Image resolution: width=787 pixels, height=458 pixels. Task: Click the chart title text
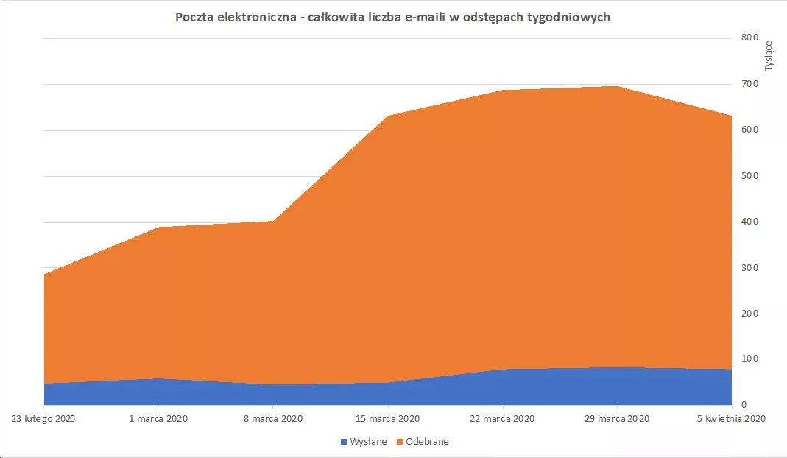pyautogui.click(x=392, y=17)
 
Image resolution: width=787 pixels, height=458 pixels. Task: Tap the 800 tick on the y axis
pyautogui.click(x=749, y=38)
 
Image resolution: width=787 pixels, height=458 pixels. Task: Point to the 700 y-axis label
pyautogui.click(x=749, y=84)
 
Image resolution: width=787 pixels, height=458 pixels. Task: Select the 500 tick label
pyautogui.click(x=749, y=176)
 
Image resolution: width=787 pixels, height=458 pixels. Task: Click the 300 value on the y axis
pyautogui.click(x=749, y=267)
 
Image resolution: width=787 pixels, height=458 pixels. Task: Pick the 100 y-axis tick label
pyautogui.click(x=749, y=359)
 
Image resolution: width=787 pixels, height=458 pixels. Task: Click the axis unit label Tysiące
pyautogui.click(x=769, y=54)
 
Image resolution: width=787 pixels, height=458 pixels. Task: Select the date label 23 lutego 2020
pyautogui.click(x=44, y=419)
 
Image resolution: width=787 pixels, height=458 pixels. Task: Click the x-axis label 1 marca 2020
pyautogui.click(x=158, y=419)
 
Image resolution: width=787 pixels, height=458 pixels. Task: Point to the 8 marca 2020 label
pyautogui.click(x=272, y=419)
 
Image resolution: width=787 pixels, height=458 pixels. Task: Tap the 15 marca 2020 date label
pyautogui.click(x=387, y=419)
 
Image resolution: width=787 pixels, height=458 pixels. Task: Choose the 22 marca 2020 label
pyautogui.click(x=502, y=419)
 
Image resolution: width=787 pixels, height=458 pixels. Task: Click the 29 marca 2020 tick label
pyautogui.click(x=617, y=419)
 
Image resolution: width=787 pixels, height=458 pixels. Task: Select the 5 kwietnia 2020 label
pyautogui.click(x=730, y=419)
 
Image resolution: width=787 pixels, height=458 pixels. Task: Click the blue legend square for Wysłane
pyautogui.click(x=343, y=442)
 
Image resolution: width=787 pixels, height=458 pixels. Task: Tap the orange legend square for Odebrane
pyautogui.click(x=400, y=442)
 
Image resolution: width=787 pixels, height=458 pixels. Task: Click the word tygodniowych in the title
pyautogui.click(x=568, y=17)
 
